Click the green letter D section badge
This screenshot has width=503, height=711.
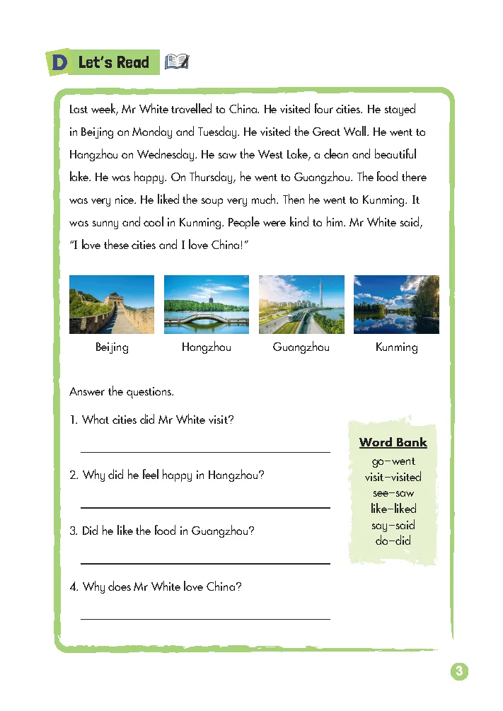[59, 63]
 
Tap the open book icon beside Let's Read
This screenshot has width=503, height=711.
[176, 62]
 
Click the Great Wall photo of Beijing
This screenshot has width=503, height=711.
[112, 304]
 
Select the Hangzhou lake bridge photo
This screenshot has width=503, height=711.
[207, 304]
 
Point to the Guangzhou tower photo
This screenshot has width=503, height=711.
[301, 304]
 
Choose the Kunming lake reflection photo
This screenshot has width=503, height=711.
[396, 304]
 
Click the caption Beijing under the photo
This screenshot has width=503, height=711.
[112, 347]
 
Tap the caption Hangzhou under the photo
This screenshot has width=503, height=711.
[207, 347]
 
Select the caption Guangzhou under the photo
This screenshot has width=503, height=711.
[301, 347]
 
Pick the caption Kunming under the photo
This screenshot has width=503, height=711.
[396, 347]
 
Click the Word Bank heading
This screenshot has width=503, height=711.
[393, 443]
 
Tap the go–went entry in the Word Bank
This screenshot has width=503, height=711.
[393, 461]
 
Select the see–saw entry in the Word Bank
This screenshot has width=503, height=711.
[393, 493]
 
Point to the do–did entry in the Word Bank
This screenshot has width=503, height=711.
[393, 541]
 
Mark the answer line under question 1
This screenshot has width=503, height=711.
[205, 451]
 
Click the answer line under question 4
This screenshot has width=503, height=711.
[205, 618]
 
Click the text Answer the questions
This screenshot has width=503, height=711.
[122, 392]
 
